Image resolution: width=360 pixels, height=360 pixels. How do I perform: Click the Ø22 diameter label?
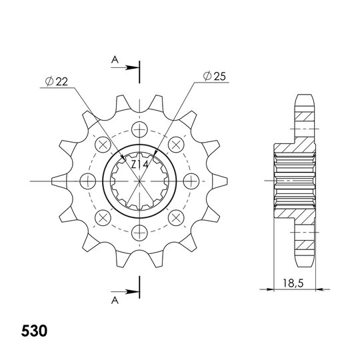pyautogui.click(x=57, y=81)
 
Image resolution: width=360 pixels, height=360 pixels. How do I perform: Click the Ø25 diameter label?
pyautogui.click(x=215, y=76)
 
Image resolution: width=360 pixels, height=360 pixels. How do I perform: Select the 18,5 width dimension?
pyautogui.click(x=293, y=283)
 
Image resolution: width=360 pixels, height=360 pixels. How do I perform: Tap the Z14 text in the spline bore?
pyautogui.click(x=139, y=164)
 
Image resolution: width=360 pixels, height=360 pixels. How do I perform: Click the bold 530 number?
pyautogui.click(x=34, y=331)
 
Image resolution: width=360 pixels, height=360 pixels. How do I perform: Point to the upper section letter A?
pyautogui.click(x=115, y=60)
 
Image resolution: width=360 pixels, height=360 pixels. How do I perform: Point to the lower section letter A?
pyautogui.click(x=115, y=300)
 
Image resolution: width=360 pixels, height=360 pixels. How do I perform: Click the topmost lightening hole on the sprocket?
pyautogui.click(x=139, y=129)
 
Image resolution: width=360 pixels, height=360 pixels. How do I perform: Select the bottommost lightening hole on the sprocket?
pyautogui.click(x=139, y=233)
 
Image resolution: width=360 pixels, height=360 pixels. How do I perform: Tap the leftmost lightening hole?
pyautogui.click(x=88, y=181)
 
